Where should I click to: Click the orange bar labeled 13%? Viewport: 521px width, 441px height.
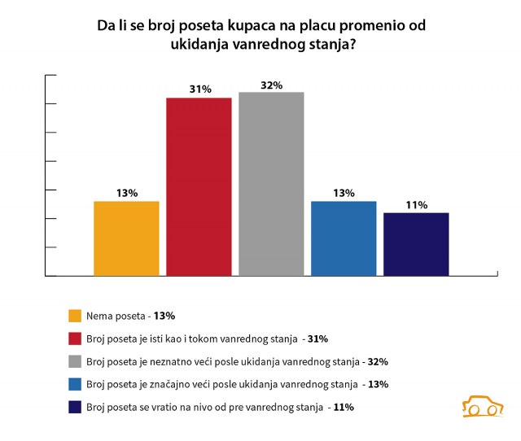[126, 238]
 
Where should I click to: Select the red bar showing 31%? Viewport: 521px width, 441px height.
[199, 187]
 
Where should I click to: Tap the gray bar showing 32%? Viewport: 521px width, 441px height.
[271, 184]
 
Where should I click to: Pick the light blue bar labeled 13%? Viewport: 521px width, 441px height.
[344, 238]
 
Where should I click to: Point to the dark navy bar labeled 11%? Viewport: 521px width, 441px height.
[416, 244]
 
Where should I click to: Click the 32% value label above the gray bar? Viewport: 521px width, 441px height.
[271, 85]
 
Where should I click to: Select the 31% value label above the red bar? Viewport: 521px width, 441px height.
[199, 90]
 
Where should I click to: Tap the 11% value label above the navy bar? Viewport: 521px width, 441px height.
[417, 204]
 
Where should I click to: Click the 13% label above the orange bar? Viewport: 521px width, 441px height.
[126, 193]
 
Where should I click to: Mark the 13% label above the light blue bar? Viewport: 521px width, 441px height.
[344, 193]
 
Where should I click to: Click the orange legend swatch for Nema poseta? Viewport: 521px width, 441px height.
[75, 316]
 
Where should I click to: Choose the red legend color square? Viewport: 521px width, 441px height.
[75, 338]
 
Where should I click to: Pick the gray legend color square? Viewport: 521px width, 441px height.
[75, 361]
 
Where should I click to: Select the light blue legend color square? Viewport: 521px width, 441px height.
[75, 384]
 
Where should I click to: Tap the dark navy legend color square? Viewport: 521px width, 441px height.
[75, 407]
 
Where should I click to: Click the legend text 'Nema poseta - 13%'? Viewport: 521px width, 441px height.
[130, 316]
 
